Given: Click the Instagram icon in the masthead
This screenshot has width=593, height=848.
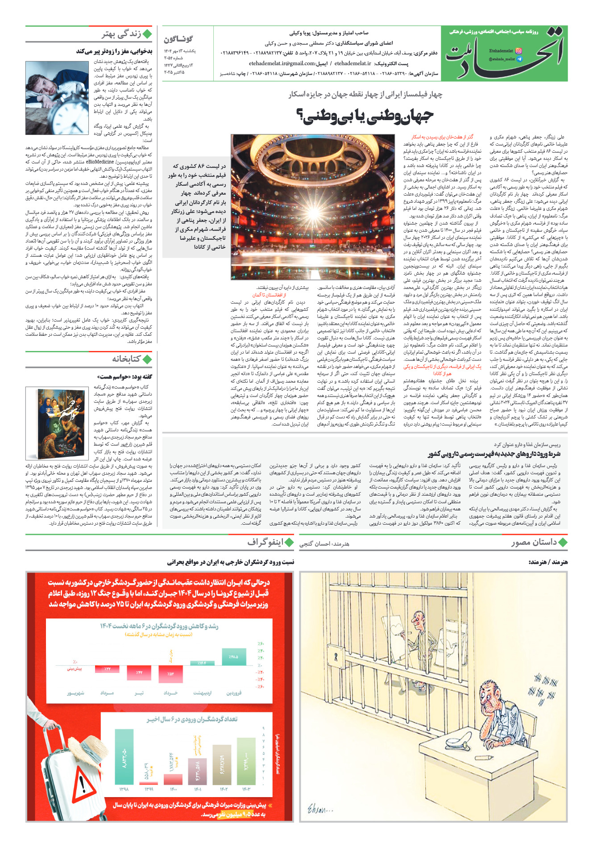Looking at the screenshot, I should pyautogui.click(x=518, y=51).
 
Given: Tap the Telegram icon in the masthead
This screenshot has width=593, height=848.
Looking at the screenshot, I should pyautogui.click(x=518, y=59).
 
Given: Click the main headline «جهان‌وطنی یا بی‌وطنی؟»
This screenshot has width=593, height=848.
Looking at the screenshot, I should pyautogui.click(x=365, y=116).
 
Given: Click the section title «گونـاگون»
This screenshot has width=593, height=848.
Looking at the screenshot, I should pyautogui.click(x=178, y=39).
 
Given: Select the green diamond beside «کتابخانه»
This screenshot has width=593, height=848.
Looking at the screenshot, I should pyautogui.click(x=147, y=359).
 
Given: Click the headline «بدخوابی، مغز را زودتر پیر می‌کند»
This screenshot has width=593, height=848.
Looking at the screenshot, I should pyautogui.click(x=114, y=51).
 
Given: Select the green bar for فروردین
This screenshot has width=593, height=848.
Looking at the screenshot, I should pyautogui.click(x=233, y=657).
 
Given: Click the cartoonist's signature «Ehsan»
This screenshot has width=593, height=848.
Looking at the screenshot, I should pyautogui.click(x=319, y=808).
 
